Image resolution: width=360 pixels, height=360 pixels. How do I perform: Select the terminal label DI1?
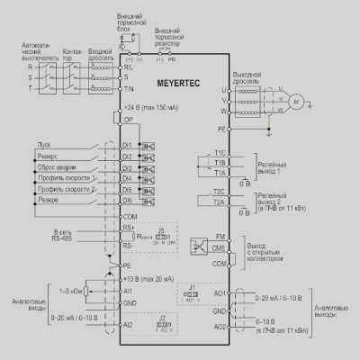coord(127,144)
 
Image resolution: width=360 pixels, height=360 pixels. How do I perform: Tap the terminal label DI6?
coord(127,202)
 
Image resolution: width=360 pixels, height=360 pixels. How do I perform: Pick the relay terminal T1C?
coord(220,153)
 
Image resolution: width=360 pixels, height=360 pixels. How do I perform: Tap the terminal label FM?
coord(220,236)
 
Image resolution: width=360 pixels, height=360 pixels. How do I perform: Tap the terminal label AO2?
coord(219,326)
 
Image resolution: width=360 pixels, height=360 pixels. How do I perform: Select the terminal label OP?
coord(128,119)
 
